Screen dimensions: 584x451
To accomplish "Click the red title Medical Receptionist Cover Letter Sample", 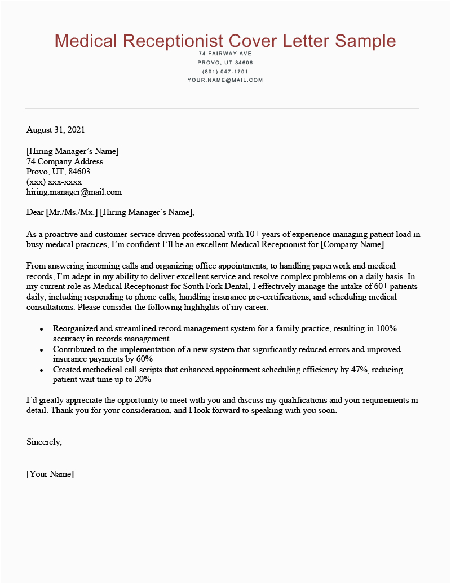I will [225, 41].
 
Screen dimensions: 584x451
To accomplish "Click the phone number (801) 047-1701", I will [225, 72].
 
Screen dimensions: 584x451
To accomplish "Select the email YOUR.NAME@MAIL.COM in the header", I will [225, 80].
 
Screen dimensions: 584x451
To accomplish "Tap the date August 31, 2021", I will [55, 130].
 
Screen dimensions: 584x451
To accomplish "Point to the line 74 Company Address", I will [65, 161].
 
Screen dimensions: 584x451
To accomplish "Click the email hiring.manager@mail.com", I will [74, 192].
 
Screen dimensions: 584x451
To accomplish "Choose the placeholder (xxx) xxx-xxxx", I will [54, 182].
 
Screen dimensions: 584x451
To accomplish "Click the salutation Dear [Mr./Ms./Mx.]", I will [63, 212].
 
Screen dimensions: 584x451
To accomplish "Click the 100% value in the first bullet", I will [391, 328].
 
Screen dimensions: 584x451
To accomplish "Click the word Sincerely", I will [44, 442].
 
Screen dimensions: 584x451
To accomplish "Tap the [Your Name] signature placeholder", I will [50, 474].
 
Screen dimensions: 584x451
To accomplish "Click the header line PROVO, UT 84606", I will [225, 63].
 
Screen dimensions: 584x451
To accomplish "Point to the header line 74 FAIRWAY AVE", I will [225, 54].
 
